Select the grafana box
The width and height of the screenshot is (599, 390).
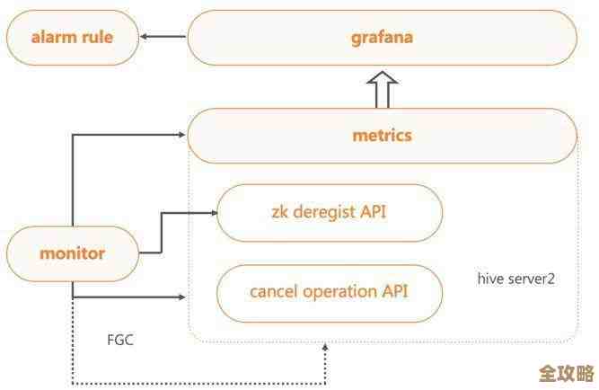tap(382, 38)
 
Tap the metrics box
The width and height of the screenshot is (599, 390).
tap(382, 136)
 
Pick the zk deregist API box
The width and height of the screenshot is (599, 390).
tap(330, 212)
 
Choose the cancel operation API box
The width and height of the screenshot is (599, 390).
tap(330, 291)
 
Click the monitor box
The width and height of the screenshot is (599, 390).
tap(72, 253)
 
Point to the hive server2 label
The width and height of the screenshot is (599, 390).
tap(515, 279)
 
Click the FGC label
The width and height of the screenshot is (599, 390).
tap(120, 341)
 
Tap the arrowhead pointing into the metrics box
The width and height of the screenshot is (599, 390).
tap(182, 136)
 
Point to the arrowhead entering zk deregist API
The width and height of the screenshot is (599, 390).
tap(213, 213)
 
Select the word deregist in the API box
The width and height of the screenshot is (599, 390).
tap(322, 212)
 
